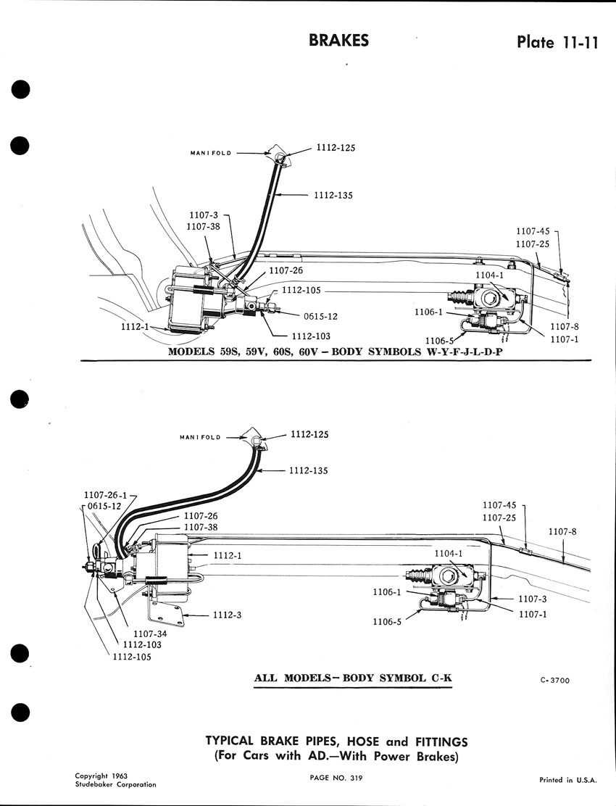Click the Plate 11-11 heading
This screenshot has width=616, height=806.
coord(557,41)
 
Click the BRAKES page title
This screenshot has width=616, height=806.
coord(338,41)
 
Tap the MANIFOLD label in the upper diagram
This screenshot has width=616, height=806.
coord(211,153)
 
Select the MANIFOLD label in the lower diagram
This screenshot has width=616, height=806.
coord(200,438)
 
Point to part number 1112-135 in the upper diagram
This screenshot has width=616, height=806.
coord(333,195)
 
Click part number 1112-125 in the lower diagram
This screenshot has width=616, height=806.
coord(309,434)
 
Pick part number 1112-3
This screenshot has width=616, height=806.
coord(227,615)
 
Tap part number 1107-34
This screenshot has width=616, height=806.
coord(151,634)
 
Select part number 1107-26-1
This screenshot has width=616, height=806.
coord(105,496)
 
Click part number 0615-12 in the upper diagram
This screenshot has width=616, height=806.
coord(320,317)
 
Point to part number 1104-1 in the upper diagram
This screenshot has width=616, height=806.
coord(490,275)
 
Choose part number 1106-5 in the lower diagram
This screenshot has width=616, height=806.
coord(387,622)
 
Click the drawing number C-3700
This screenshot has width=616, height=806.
coord(555,681)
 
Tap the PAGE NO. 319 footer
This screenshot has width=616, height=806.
coord(336,778)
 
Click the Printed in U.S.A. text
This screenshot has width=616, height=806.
coord(568,780)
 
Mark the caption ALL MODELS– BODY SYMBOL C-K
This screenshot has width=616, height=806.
coord(354,678)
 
